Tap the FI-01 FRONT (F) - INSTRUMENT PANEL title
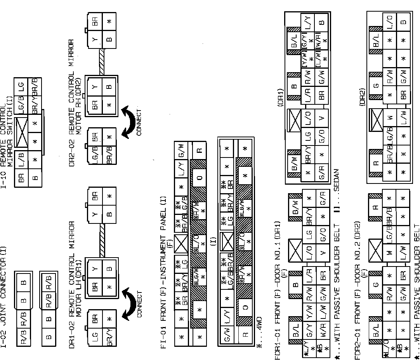(x=163, y=260)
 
